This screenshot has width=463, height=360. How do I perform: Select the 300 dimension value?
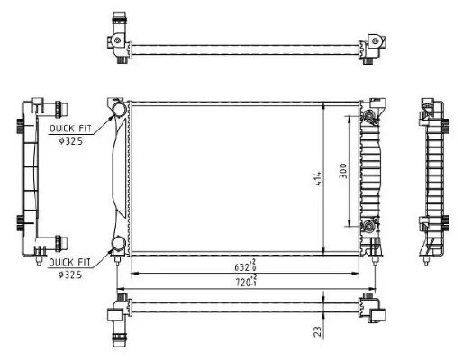(x=343, y=171)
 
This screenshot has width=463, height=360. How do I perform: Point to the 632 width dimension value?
(x=240, y=267)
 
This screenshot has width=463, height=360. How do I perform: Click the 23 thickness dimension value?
(x=318, y=332)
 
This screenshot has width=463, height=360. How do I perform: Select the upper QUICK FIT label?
(x=69, y=128)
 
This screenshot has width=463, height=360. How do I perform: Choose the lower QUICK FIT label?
(x=69, y=261)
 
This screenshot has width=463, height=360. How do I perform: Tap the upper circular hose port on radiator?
(x=119, y=110)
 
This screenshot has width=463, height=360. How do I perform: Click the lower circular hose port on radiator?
(x=119, y=243)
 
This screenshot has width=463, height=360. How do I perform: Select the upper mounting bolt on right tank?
(x=368, y=115)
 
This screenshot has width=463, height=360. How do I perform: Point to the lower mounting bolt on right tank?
(x=368, y=224)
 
